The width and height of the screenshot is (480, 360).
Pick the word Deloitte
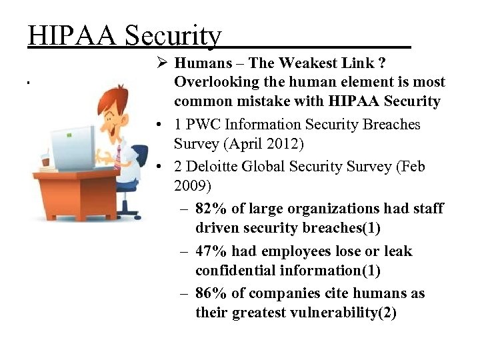click(x=215, y=166)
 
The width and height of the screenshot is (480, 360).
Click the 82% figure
click(x=212, y=209)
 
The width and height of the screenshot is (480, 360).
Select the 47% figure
click(x=212, y=251)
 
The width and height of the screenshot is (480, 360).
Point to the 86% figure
click(x=212, y=294)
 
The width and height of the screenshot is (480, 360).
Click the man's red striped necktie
click(x=117, y=157)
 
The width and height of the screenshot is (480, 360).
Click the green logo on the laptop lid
click(x=69, y=135)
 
